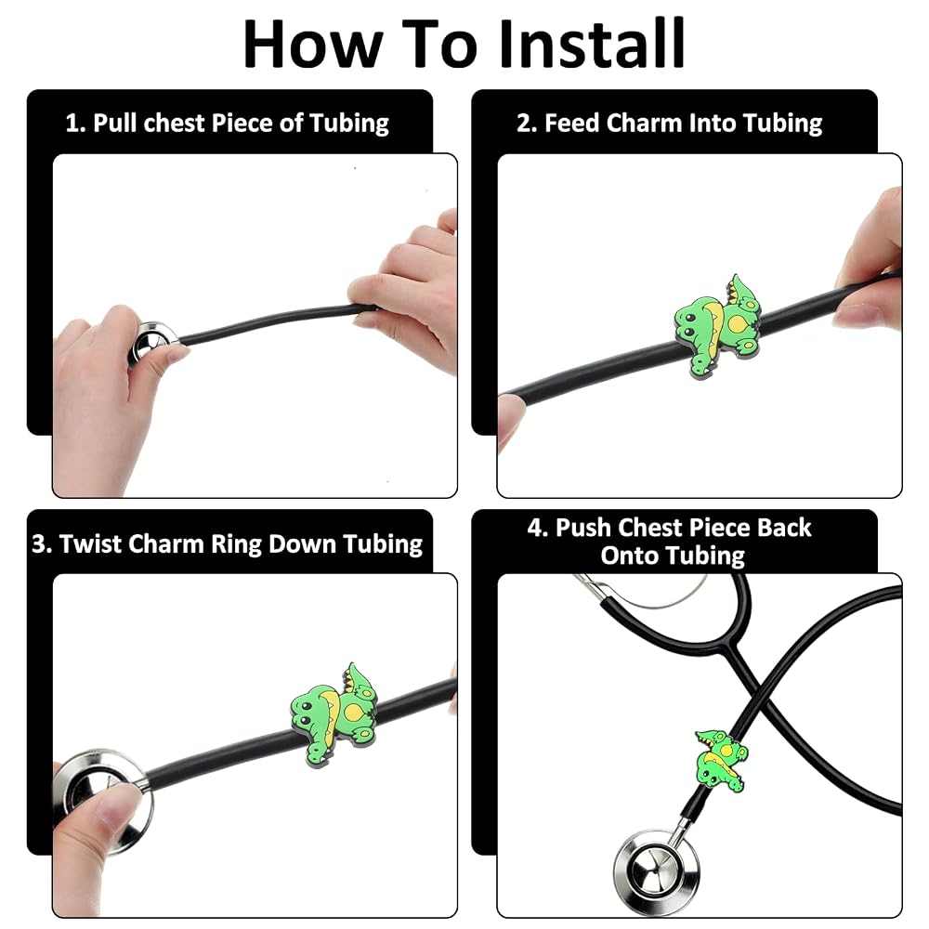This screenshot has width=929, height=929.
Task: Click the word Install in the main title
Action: point(592,44)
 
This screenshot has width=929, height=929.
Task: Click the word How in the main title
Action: point(311,44)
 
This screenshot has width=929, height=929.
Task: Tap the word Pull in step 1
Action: point(115,124)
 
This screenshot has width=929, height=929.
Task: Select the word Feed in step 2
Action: point(571,123)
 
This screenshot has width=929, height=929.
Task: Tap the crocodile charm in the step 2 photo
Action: point(718,325)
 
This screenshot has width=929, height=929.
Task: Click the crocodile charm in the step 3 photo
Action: point(334,714)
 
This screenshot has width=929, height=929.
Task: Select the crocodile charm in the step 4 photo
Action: point(721,761)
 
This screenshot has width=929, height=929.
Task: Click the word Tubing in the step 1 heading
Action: point(349,124)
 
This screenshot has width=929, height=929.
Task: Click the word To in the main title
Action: point(439,44)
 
